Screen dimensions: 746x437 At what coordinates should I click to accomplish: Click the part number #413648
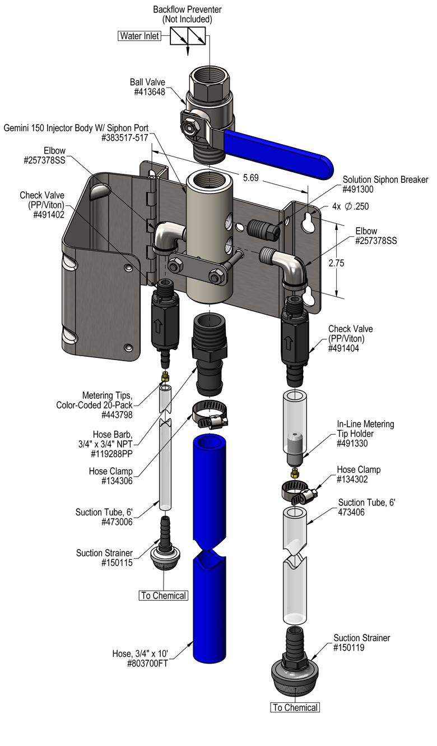pyautogui.click(x=150, y=92)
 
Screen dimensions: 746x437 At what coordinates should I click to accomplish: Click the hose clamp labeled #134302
pyautogui.click(x=300, y=493)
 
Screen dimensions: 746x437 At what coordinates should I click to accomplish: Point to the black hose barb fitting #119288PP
pyautogui.click(x=209, y=354)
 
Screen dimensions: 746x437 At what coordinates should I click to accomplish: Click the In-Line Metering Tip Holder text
pyautogui.click(x=365, y=429)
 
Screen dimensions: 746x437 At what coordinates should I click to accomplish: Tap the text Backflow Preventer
pyautogui.click(x=187, y=10)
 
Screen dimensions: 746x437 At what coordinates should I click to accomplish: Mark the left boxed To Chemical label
pyautogui.click(x=163, y=595)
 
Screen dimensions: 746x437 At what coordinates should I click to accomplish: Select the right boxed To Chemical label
pyautogui.click(x=295, y=708)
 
